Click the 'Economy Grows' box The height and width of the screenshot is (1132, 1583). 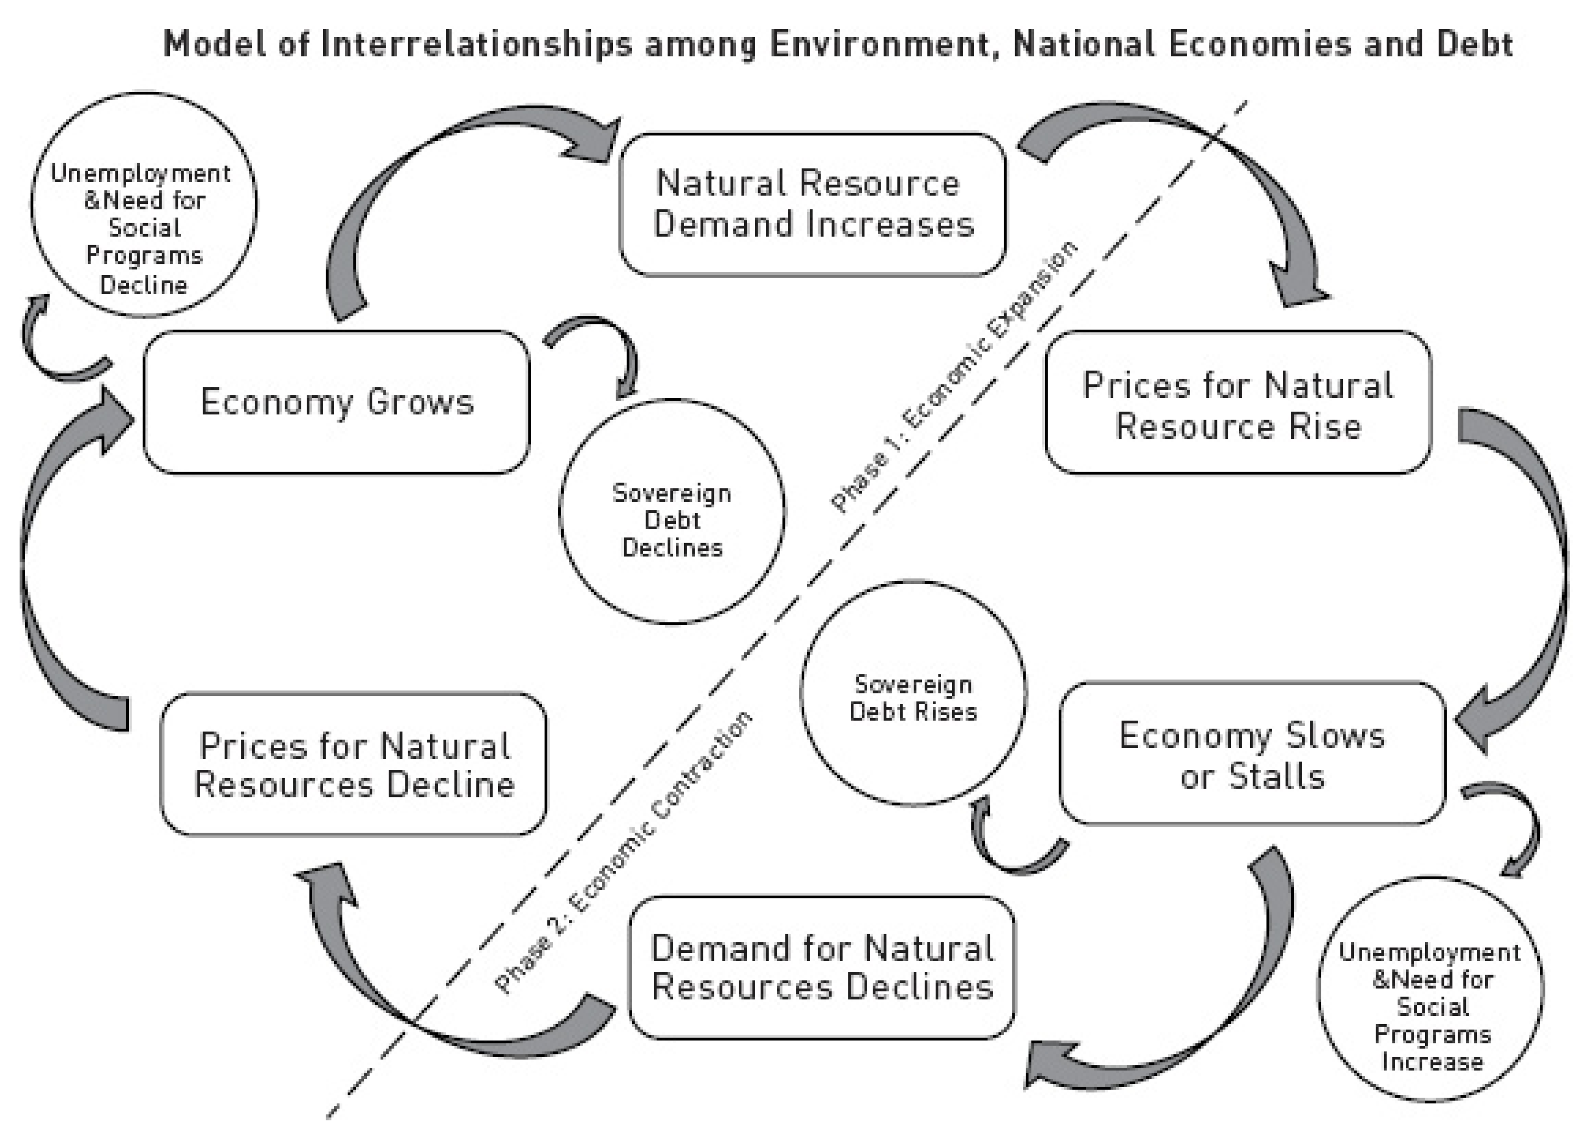click(336, 402)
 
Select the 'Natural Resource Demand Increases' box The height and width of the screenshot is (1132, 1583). click(813, 204)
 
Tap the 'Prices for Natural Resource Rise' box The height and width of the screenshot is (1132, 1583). click(1238, 403)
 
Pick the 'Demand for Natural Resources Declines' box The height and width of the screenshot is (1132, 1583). click(822, 968)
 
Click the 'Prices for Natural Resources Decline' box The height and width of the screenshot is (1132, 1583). click(354, 764)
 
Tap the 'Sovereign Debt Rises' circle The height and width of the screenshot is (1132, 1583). click(913, 694)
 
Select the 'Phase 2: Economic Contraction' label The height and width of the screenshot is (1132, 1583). click(624, 852)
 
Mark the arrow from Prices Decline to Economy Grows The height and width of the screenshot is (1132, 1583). click(49, 558)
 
